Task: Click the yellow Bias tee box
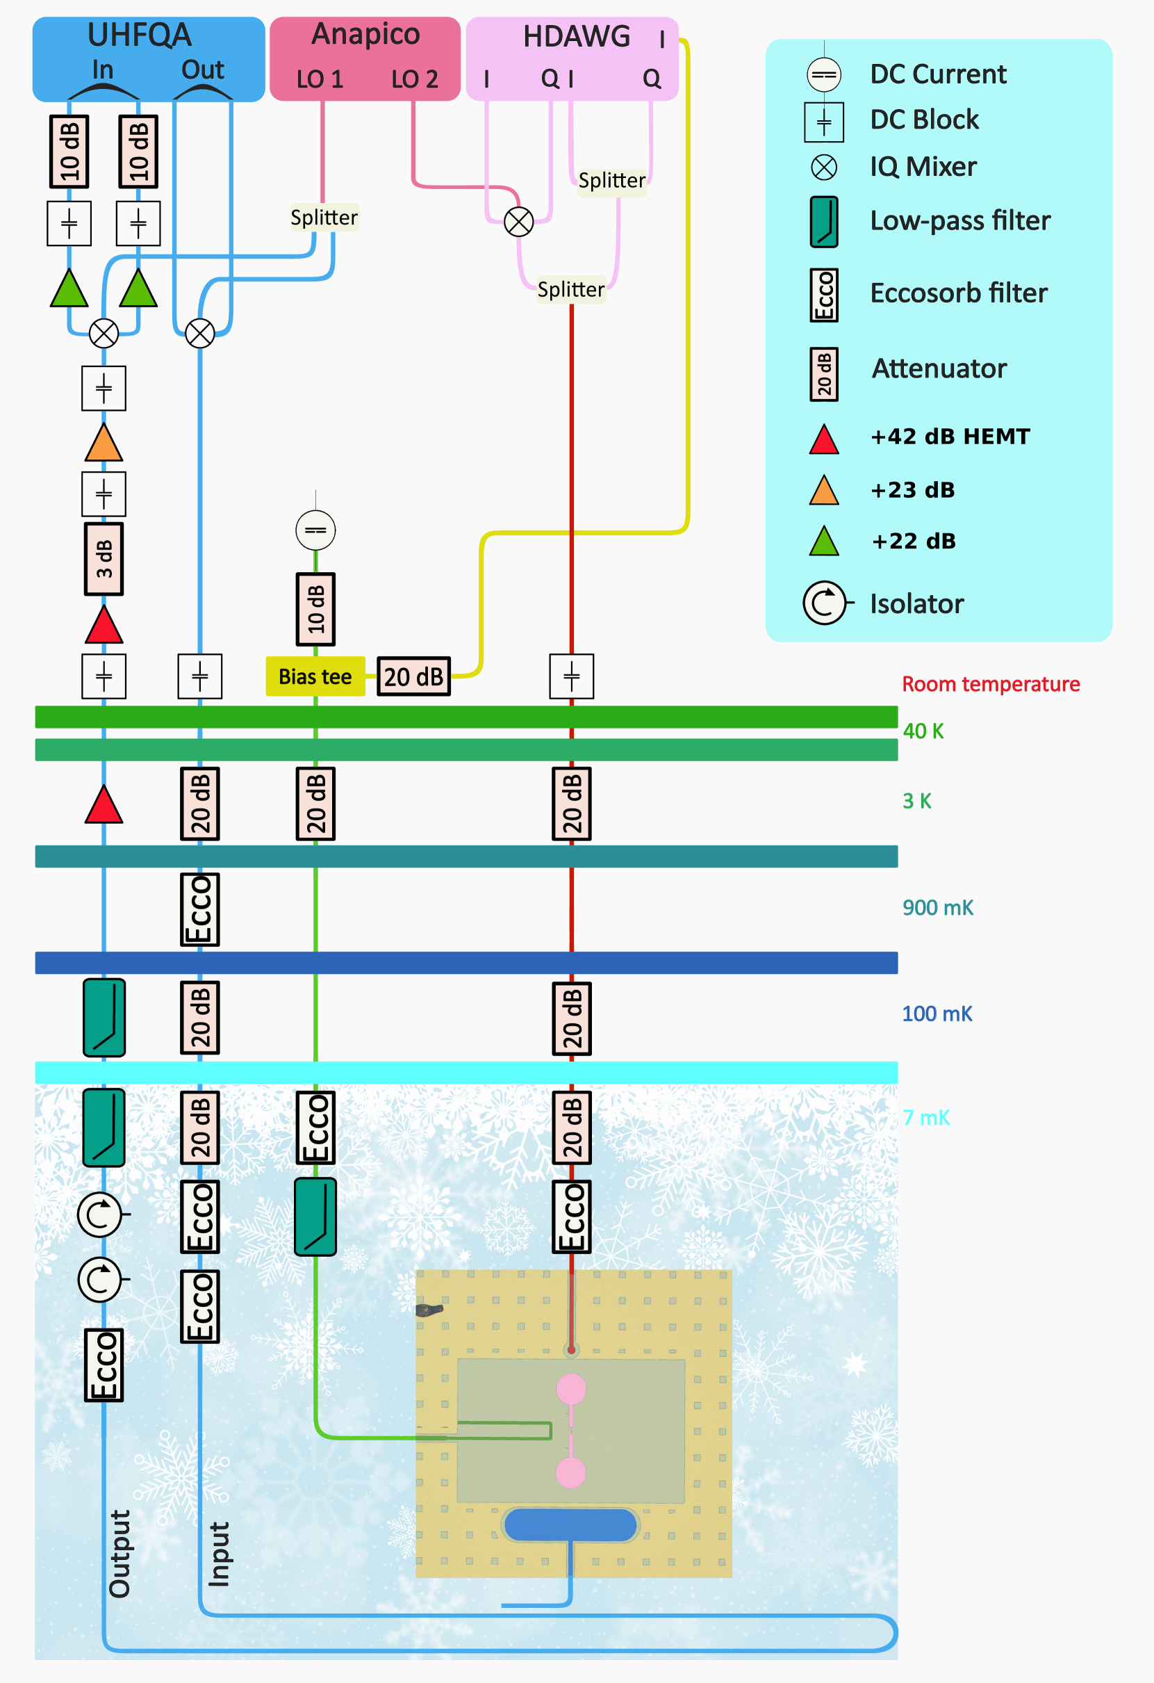click(315, 676)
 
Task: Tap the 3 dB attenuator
click(104, 559)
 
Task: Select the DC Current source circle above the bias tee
click(315, 530)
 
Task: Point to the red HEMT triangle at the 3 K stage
click(104, 806)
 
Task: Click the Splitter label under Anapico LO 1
click(324, 218)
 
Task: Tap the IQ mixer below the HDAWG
click(518, 222)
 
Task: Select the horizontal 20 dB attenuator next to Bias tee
click(413, 676)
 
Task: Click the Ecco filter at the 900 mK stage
click(200, 909)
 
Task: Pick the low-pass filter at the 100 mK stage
click(104, 1018)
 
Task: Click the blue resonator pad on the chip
click(570, 1525)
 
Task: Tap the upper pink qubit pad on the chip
click(570, 1388)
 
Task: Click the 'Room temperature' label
click(991, 684)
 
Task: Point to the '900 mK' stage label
click(937, 907)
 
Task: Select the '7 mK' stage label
click(926, 1117)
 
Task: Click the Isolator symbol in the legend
click(825, 603)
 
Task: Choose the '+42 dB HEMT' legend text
click(950, 437)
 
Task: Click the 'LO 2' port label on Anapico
click(415, 79)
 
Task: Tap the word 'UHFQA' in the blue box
click(139, 35)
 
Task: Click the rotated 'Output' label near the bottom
click(119, 1554)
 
